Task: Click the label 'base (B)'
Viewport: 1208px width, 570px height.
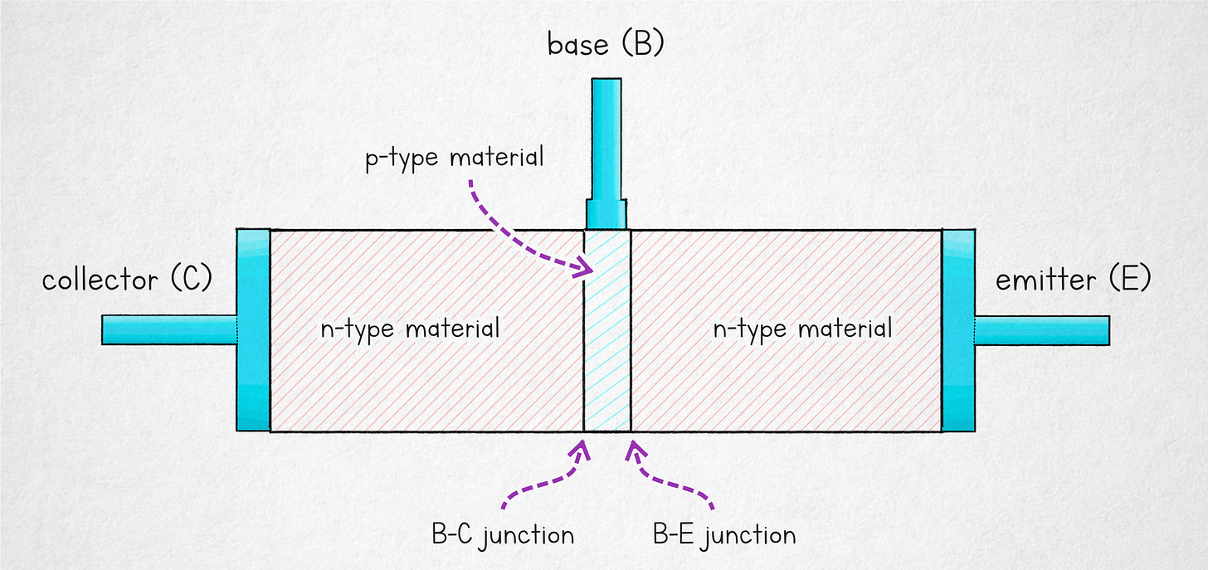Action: click(x=605, y=45)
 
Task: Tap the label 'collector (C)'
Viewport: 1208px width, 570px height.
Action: click(x=127, y=280)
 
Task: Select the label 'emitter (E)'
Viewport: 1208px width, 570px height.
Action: click(x=1073, y=280)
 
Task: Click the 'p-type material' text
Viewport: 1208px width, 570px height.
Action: click(x=455, y=157)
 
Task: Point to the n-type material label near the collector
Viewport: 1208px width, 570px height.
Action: click(x=410, y=329)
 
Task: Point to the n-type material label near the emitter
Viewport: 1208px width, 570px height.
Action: click(x=802, y=329)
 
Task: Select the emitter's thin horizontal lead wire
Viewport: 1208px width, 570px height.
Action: click(x=1042, y=329)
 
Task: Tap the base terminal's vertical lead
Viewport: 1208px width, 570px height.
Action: click(x=606, y=138)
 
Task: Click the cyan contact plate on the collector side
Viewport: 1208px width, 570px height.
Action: click(x=253, y=329)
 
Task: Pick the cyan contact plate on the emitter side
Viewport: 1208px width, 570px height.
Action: click(x=958, y=329)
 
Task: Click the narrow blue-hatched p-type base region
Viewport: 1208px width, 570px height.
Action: click(x=607, y=332)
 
